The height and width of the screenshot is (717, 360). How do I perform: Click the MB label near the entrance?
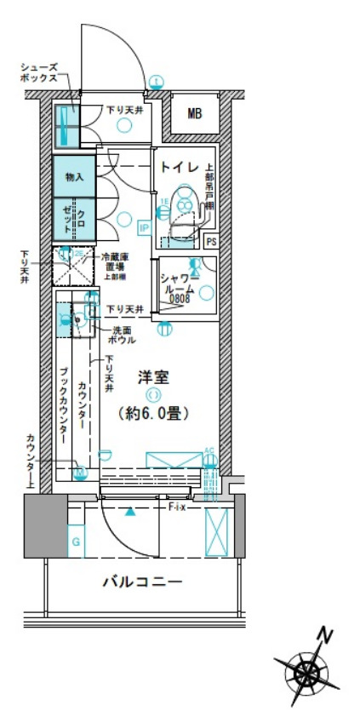click(x=195, y=113)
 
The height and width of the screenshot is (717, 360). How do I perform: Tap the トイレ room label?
click(x=180, y=165)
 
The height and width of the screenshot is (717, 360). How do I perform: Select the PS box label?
click(x=212, y=241)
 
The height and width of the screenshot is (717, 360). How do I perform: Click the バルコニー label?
click(x=142, y=582)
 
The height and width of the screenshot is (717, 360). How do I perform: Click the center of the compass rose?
click(x=306, y=674)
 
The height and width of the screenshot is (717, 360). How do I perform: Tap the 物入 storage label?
click(x=74, y=177)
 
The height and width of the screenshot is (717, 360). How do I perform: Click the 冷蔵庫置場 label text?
click(x=115, y=261)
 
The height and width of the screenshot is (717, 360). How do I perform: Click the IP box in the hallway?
click(x=144, y=227)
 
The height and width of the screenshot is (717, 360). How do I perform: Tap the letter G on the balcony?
click(x=76, y=542)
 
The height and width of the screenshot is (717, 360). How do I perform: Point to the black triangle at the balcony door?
click(x=129, y=513)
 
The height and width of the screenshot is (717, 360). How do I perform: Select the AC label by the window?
click(x=209, y=450)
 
